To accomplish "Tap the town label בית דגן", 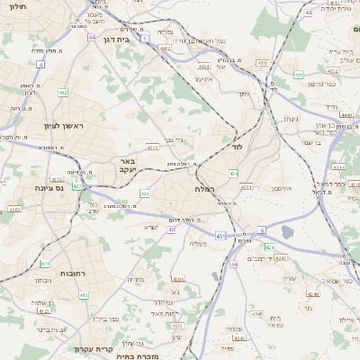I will [136, 40].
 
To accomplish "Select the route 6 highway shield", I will [262, 230].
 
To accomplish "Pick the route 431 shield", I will [220, 236].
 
